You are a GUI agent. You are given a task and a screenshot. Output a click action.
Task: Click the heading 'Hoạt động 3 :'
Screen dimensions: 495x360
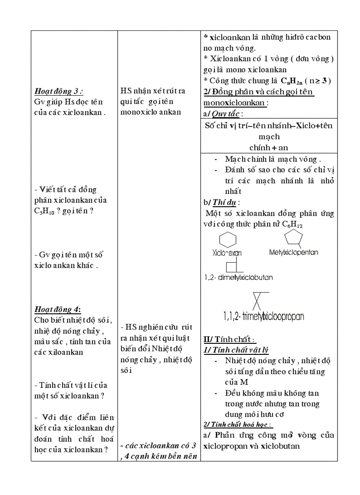click(59, 91)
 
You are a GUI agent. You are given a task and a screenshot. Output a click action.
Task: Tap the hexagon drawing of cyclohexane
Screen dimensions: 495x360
click(227, 240)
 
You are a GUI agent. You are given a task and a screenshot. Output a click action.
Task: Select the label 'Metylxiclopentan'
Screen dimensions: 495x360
click(293, 253)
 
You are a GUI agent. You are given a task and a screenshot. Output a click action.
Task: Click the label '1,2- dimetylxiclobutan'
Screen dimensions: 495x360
click(238, 277)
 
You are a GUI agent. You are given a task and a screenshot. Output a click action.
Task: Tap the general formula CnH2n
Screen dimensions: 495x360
click(291, 81)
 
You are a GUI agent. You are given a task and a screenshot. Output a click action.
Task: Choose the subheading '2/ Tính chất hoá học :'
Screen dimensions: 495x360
click(238, 424)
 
